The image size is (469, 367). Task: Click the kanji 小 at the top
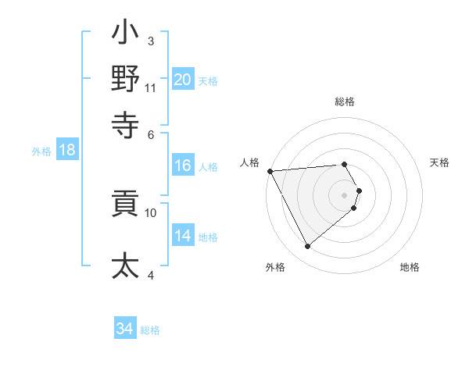point(125,34)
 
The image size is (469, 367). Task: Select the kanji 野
point(125,79)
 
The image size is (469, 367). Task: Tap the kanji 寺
point(125,123)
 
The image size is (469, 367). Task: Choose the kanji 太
point(125,265)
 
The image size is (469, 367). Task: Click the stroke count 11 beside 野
point(151,88)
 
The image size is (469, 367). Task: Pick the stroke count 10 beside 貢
point(151,212)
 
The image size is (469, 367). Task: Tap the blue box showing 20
point(183,79)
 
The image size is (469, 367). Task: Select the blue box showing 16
point(183,166)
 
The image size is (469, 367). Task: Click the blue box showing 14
point(183,236)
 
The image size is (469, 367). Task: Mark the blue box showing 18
point(66,151)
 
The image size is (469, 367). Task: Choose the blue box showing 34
point(124,329)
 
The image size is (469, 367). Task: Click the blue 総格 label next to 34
point(150,330)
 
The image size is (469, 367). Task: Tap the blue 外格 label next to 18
point(41,151)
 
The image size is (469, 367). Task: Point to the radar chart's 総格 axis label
point(345,102)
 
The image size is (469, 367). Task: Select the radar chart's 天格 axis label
point(440,162)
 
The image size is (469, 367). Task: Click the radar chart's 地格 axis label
point(410,267)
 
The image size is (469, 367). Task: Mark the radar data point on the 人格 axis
point(270,171)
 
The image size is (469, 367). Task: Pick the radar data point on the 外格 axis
point(307,246)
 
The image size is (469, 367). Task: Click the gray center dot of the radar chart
point(345,194)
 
